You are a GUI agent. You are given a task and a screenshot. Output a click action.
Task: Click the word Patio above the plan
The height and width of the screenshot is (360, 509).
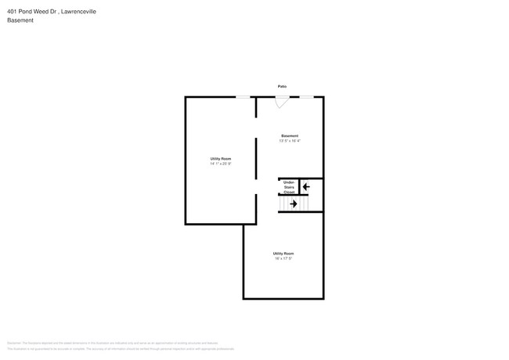(282, 86)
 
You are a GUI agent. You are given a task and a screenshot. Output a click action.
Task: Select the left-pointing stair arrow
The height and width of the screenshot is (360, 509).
(306, 186)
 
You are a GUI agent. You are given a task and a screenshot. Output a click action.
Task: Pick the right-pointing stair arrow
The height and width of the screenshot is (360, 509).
(294, 204)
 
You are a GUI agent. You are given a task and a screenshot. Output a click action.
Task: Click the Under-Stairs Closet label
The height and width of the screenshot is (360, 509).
(288, 186)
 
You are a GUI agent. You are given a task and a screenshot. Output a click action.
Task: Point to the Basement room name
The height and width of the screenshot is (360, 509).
(290, 136)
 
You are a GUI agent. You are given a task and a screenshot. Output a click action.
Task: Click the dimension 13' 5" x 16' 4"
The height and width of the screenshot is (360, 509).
(290, 141)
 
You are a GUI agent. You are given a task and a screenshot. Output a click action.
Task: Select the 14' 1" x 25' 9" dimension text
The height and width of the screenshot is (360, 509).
(220, 164)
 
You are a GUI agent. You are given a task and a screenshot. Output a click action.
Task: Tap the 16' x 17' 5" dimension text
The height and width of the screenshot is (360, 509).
(283, 258)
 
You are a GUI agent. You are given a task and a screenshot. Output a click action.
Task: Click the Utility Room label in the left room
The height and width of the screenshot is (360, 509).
(220, 159)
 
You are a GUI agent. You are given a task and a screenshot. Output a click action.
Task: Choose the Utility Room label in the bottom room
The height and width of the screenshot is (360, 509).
(283, 254)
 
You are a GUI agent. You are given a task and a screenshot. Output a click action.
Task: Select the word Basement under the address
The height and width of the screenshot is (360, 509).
(21, 21)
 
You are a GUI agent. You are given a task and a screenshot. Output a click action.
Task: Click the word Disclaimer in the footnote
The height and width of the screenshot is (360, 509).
(14, 343)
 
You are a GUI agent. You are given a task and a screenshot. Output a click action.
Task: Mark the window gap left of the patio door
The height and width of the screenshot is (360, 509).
(244, 96)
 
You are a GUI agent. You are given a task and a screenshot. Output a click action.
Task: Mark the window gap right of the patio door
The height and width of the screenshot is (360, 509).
(308, 96)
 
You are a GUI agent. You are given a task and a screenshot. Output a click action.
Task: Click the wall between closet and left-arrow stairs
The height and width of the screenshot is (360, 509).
(299, 186)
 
